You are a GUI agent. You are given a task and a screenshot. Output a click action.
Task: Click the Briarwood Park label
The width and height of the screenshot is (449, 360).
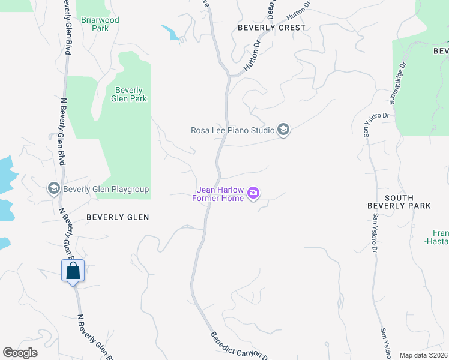pyautogui.click(x=101, y=24)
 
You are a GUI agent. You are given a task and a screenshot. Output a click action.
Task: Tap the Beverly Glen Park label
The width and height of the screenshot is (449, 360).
pyautogui.click(x=129, y=95)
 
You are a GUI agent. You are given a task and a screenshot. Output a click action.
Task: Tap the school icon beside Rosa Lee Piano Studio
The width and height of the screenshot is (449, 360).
pyautogui.click(x=283, y=130)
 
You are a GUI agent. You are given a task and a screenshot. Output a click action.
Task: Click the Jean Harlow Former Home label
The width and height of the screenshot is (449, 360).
pyautogui.click(x=218, y=194)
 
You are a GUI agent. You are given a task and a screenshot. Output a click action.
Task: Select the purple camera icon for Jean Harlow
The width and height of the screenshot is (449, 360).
pyautogui.click(x=253, y=193)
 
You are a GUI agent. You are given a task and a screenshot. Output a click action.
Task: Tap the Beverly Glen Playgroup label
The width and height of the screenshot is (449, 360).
pyautogui.click(x=106, y=190)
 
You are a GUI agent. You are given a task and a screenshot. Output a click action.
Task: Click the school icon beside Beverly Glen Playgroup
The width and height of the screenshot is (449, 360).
pyautogui.click(x=53, y=189)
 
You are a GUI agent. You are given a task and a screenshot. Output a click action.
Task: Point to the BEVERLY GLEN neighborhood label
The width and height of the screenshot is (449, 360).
pyautogui.click(x=118, y=217)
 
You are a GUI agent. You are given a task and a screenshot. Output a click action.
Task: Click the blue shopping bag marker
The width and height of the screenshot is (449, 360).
pyautogui.click(x=73, y=271)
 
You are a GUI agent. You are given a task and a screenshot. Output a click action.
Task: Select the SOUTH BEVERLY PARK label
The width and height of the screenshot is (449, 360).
pyautogui.click(x=399, y=202)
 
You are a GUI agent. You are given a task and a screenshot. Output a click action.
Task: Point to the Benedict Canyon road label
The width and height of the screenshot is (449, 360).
pyautogui.click(x=238, y=346)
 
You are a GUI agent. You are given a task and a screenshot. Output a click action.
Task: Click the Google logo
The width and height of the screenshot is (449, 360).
pyautogui.click(x=20, y=353)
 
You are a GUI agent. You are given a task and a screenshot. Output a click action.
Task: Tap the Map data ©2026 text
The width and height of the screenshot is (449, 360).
pyautogui.click(x=423, y=355)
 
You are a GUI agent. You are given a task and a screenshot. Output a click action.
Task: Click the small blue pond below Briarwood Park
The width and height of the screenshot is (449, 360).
pyautogui.click(x=172, y=33)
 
